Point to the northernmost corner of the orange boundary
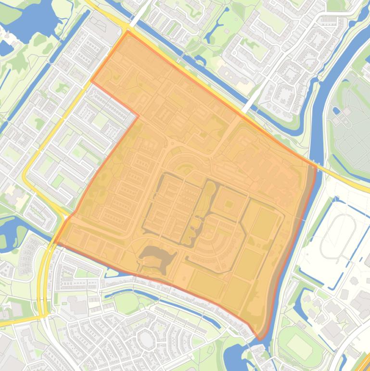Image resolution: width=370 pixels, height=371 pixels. (128, 32)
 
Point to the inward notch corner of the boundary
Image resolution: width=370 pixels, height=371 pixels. (138, 116)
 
